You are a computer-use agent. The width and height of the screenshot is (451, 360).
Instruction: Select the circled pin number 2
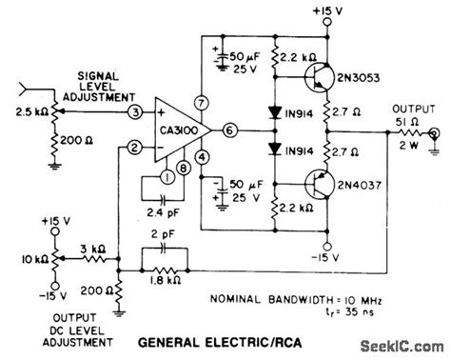[x=136, y=146]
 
